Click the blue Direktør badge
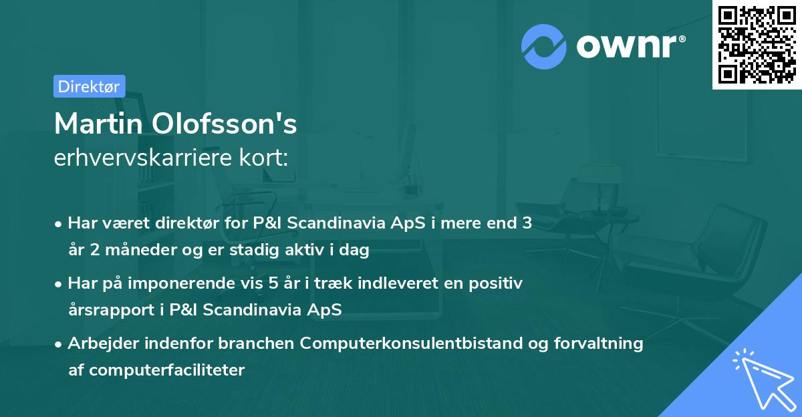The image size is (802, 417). point(89,86)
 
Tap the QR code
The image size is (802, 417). point(756,45)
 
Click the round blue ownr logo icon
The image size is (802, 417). point(544,47)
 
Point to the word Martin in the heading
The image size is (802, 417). point(98,124)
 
